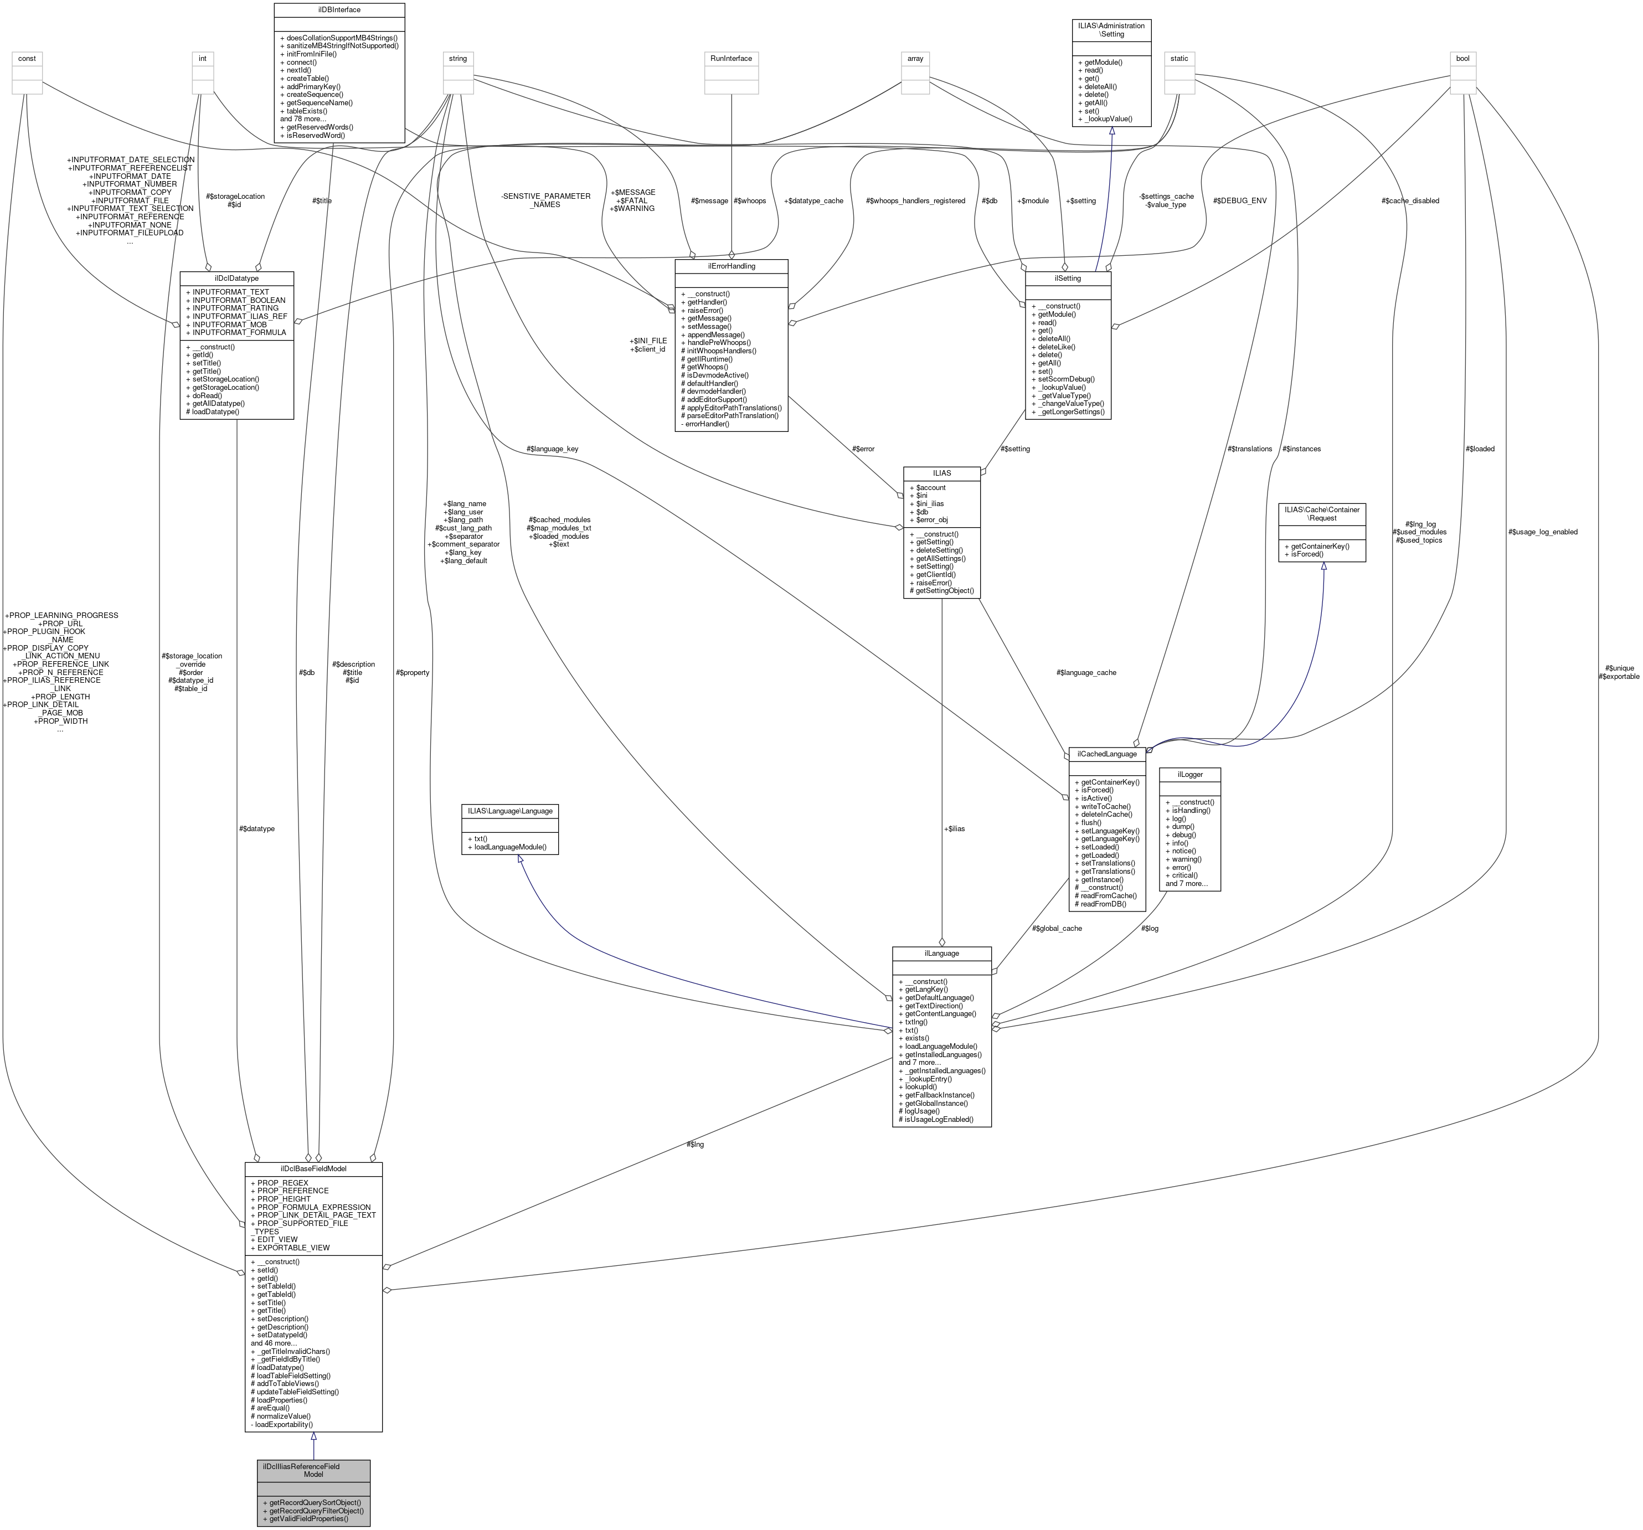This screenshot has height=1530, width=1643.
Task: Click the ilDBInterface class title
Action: pos(339,10)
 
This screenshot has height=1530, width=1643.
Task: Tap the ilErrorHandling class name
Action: pos(730,266)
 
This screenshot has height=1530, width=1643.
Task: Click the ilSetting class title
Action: pos(1067,279)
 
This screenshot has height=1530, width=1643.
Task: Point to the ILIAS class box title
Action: pos(941,473)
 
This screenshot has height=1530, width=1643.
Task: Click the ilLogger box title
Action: pos(1188,775)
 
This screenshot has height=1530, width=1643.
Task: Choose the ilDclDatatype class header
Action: pos(236,279)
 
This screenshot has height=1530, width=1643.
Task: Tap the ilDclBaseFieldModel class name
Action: pos(313,1169)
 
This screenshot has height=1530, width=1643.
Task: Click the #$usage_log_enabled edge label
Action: pos(1542,532)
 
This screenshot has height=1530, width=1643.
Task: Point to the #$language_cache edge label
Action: pos(1086,672)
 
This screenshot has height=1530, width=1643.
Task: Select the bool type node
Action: pos(1462,59)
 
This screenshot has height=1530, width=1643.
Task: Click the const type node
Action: pos(27,59)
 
